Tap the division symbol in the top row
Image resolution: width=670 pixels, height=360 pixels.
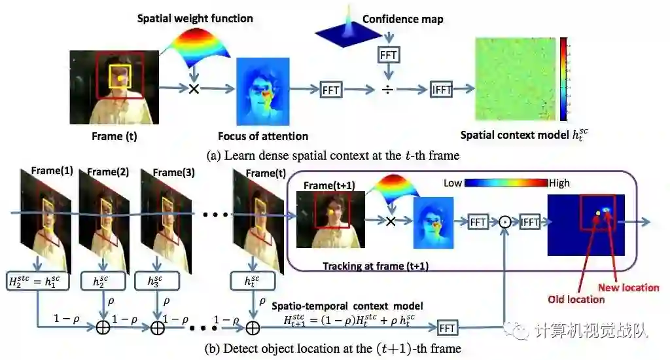pyautogui.click(x=389, y=88)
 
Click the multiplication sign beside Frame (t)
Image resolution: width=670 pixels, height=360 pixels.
pyautogui.click(x=194, y=88)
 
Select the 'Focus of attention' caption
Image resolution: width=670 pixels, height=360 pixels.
pyautogui.click(x=263, y=136)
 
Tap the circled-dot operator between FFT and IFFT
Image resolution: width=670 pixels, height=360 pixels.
pyautogui.click(x=504, y=223)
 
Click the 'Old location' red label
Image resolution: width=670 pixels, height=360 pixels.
pyautogui.click(x=576, y=299)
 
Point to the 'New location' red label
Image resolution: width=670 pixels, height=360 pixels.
pyautogui.click(x=628, y=287)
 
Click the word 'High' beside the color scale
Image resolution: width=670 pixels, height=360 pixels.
pyautogui.click(x=561, y=183)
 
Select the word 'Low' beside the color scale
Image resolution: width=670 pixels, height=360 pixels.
pyautogui.click(x=453, y=183)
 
